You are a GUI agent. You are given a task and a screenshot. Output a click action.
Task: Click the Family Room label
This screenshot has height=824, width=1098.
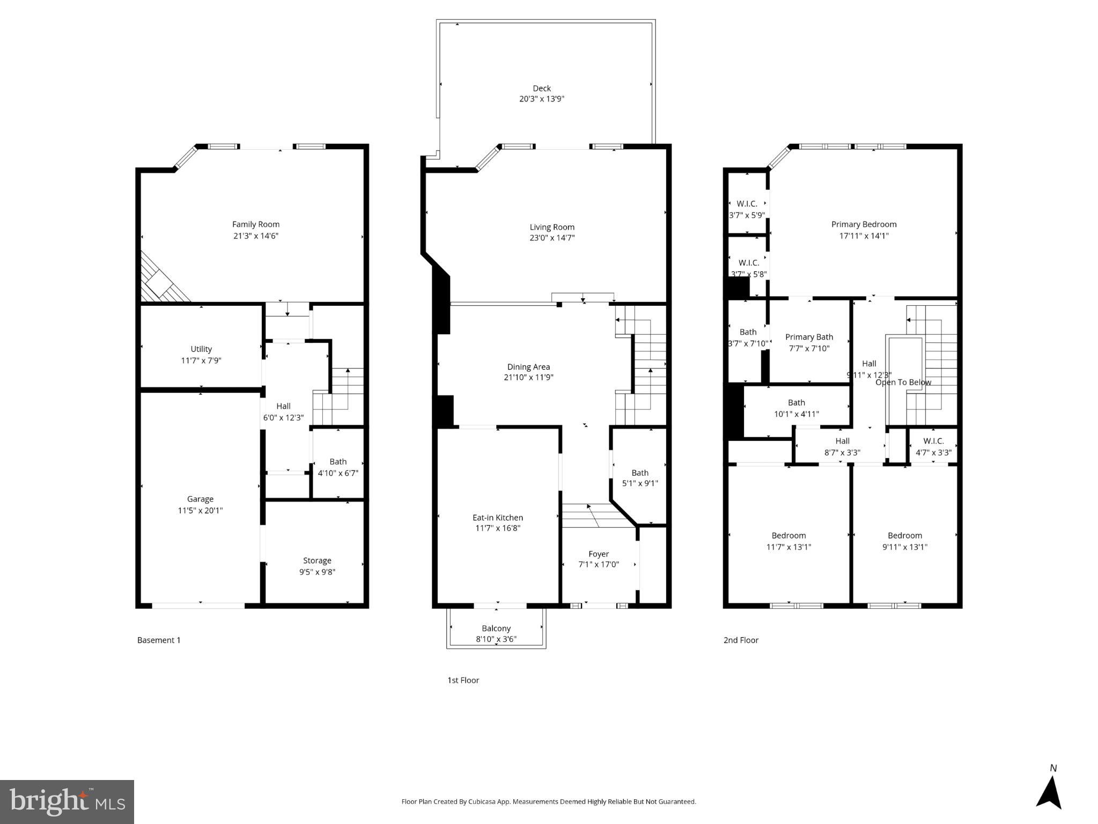[x=255, y=224]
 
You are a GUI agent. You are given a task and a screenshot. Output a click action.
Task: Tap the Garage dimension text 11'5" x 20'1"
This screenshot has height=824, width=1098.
[x=200, y=510]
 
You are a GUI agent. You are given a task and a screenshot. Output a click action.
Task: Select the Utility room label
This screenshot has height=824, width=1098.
[x=201, y=349]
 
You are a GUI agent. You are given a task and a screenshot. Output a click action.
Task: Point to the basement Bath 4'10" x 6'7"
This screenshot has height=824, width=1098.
[x=338, y=467]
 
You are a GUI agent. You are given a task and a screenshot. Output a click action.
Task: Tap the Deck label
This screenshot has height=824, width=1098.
[x=541, y=89]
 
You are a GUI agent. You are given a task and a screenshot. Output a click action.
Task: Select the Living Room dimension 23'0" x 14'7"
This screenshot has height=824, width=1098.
[x=552, y=238]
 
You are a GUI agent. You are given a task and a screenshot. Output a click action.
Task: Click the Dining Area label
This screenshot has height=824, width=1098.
[x=528, y=367]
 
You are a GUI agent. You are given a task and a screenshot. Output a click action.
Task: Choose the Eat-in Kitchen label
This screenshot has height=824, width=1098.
[x=497, y=518]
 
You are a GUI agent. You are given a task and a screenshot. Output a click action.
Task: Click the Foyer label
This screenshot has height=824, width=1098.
[x=599, y=554]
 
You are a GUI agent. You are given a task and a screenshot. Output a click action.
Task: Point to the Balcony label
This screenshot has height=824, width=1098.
[x=496, y=628]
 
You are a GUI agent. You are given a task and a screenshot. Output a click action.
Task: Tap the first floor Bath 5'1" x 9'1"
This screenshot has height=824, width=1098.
[x=639, y=478]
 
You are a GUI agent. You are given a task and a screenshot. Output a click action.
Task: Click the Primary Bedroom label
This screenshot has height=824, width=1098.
[x=864, y=224]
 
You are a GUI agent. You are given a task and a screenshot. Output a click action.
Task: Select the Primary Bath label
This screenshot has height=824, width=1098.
[x=809, y=337]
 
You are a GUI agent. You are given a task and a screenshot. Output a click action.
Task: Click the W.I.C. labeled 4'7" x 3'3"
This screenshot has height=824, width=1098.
[x=933, y=447]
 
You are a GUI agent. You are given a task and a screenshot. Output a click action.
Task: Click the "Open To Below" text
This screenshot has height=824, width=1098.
[x=903, y=382]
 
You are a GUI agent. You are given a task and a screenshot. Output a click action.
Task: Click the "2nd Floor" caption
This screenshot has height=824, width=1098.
[x=741, y=640]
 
